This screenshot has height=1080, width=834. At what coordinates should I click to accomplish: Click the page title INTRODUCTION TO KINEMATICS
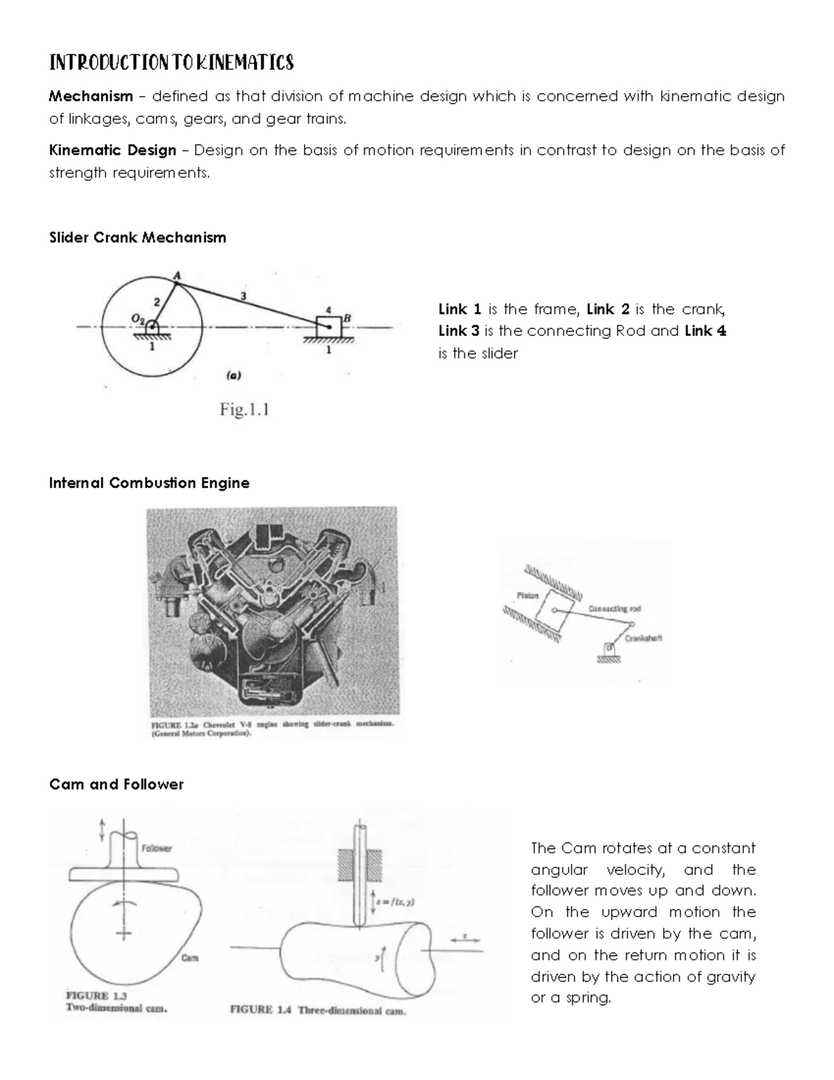click(171, 63)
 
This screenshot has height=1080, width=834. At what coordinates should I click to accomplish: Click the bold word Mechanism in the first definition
click(90, 96)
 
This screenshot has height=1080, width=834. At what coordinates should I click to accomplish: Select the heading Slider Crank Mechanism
click(138, 238)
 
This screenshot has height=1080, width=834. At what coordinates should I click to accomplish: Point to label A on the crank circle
click(177, 276)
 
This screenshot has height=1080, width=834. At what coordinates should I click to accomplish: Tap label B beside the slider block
click(347, 318)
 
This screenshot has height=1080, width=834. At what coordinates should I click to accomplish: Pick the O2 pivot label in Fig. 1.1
click(138, 319)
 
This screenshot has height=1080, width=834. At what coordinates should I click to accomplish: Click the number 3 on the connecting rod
click(243, 296)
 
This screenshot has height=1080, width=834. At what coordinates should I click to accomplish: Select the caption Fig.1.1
click(244, 410)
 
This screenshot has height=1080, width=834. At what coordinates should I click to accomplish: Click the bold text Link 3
click(459, 331)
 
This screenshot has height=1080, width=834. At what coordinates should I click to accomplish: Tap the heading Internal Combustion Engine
click(149, 483)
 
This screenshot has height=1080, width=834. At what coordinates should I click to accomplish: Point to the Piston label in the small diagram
click(528, 595)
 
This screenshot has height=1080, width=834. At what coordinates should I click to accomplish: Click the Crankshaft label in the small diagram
click(643, 638)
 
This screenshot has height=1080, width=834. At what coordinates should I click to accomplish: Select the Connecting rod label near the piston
click(614, 609)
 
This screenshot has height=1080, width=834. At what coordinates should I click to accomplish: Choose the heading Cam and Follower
click(116, 784)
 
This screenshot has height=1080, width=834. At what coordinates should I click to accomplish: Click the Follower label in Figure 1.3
click(156, 848)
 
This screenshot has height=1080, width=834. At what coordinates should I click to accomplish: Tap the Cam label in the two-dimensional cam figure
click(189, 958)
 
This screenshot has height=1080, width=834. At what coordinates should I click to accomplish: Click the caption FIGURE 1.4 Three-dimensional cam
click(318, 1011)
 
